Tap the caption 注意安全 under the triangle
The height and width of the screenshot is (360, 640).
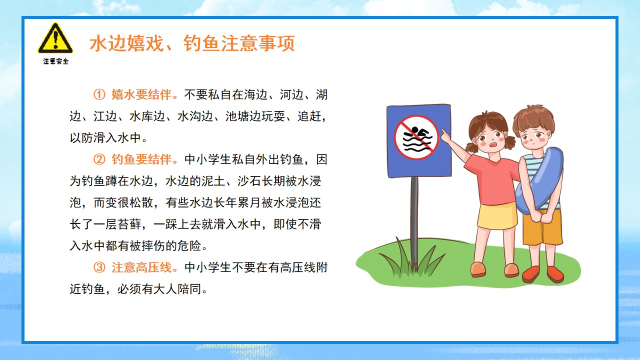56,61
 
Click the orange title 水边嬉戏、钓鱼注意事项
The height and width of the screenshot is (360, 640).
192,43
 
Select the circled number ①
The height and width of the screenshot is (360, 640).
99,94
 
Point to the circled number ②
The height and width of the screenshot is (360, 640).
99,159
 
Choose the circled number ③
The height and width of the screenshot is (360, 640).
99,267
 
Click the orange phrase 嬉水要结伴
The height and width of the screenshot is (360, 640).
141,94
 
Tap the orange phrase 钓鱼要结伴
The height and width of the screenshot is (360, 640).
141,159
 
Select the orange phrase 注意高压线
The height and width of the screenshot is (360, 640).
141,267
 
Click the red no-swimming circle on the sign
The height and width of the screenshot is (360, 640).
416,137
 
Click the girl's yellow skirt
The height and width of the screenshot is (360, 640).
497,216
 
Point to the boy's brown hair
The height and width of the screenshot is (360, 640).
533,117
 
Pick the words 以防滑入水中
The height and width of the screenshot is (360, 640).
105,138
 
